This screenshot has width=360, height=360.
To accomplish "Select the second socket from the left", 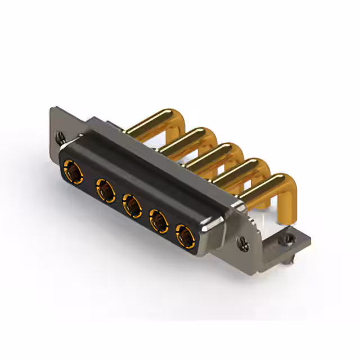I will [x=104, y=190].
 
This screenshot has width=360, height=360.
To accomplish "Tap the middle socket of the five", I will [x=132, y=206].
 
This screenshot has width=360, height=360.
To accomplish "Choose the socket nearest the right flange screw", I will [x=184, y=236].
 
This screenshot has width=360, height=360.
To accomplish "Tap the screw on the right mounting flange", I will [x=243, y=243].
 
